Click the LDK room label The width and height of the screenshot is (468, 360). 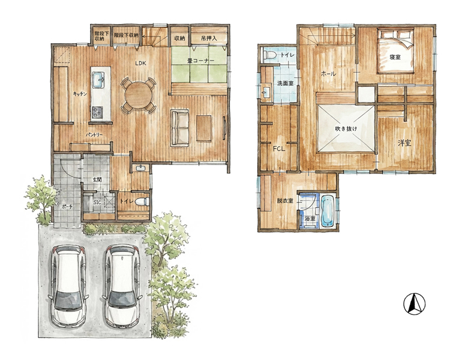(140, 63)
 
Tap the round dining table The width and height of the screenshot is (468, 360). (138, 95)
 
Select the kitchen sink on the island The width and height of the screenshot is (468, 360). (98, 80)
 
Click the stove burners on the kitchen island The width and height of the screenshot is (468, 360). (97, 112)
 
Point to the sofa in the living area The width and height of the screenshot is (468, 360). (179, 128)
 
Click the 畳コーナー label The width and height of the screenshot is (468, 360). (200, 61)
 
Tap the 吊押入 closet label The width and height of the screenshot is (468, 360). (209, 38)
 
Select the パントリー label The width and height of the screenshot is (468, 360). (94, 135)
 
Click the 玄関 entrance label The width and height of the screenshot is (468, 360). (97, 180)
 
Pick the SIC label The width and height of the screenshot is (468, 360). (97, 202)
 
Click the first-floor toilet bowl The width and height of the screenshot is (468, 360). (142, 202)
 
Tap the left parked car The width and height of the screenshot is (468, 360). (68, 286)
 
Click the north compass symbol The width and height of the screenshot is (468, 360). (414, 304)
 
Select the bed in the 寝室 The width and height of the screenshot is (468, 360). (395, 51)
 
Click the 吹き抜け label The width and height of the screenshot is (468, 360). (346, 129)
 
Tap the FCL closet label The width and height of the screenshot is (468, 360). (279, 148)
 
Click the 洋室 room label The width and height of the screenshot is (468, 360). (404, 143)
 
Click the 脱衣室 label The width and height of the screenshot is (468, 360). (285, 200)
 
